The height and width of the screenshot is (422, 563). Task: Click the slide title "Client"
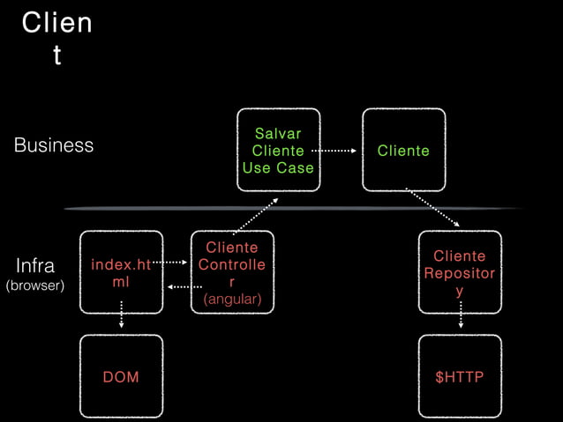coord(56,39)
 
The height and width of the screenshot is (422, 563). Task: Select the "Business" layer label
coord(54,145)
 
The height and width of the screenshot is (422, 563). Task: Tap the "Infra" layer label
coord(35,265)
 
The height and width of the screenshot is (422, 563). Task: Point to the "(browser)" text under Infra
coord(35,286)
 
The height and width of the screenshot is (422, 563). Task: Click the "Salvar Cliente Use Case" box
coord(278,150)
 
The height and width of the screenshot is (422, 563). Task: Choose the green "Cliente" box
coord(403,151)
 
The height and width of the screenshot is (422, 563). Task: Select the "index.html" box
coord(121,272)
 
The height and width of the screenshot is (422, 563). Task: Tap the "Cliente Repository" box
coord(459,272)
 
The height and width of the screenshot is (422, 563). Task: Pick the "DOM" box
coord(121,377)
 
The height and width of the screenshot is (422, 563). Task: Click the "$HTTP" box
coord(459,377)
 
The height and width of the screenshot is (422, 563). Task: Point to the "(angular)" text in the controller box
coord(232,300)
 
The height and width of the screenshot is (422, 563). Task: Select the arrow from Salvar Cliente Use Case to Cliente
coord(334,151)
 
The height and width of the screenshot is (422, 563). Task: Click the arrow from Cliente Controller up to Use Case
coord(257,213)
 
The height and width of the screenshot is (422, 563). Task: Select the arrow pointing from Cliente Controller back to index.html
coord(184,286)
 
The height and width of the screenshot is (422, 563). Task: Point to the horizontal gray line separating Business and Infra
coord(291,208)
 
